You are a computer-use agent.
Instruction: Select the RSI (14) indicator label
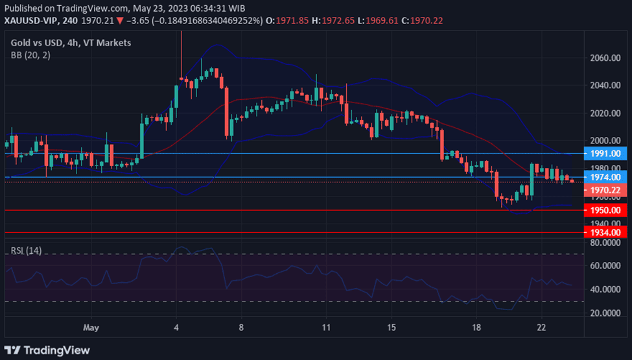(27, 250)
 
